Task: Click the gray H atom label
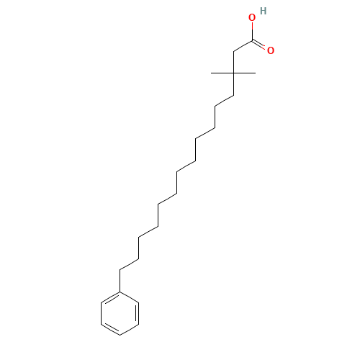point(264,11)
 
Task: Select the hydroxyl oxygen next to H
point(252,17)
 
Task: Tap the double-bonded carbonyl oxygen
point(271,50)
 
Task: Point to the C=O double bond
point(258,44)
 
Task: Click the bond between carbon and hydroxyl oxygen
point(252,32)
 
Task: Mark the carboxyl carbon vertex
point(252,41)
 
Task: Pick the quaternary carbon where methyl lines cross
point(234,73)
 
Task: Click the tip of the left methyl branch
point(211,73)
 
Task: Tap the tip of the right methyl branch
point(256,73)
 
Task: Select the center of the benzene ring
point(120,313)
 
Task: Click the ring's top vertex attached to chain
point(120,292)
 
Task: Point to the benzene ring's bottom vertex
point(120,335)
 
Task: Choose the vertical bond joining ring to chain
point(120,281)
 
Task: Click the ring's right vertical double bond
point(138,313)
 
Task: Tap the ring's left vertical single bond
point(101,313)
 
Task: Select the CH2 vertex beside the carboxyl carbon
point(234,51)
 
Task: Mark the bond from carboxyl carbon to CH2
point(243,46)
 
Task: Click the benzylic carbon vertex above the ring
point(120,270)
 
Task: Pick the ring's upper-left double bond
point(111,298)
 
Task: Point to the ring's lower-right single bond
point(129,330)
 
